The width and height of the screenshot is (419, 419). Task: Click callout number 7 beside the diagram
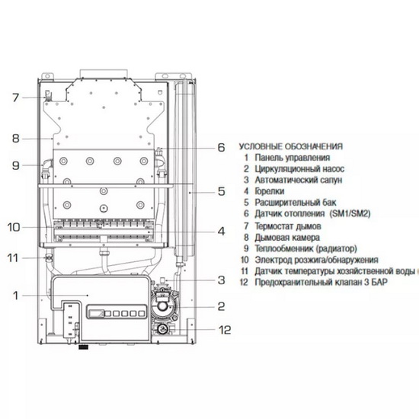[16, 98]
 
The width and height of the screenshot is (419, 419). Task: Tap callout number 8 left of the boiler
[16, 139]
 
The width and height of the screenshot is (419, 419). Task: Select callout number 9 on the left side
[16, 165]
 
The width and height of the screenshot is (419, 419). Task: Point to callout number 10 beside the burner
[14, 228]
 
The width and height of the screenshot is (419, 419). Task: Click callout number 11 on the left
[13, 258]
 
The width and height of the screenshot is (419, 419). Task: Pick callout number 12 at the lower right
[225, 330]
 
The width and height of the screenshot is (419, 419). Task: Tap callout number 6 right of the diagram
[221, 148]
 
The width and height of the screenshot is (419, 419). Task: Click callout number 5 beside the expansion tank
[221, 191]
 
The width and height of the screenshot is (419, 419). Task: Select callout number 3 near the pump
[221, 280]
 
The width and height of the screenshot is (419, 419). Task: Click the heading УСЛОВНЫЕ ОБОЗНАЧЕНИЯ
[291, 146]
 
